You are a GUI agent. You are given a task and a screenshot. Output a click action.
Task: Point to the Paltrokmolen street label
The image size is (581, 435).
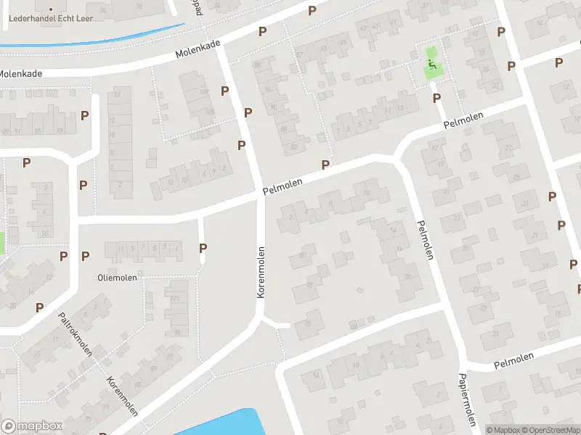point(76,334)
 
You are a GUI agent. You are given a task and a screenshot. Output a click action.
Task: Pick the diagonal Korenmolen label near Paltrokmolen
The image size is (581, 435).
point(122,397)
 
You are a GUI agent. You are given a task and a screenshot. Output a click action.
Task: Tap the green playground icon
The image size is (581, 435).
point(431,67)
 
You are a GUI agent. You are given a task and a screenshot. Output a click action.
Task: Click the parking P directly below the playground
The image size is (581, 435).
point(436,98)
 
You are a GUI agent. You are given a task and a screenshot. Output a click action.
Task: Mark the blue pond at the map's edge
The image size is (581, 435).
point(218,423)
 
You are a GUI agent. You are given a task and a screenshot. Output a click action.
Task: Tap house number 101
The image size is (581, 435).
point(174,298)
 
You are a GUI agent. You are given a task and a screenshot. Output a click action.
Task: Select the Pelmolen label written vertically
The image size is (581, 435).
point(424,239)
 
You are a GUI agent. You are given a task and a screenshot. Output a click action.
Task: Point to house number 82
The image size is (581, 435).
point(293,147)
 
